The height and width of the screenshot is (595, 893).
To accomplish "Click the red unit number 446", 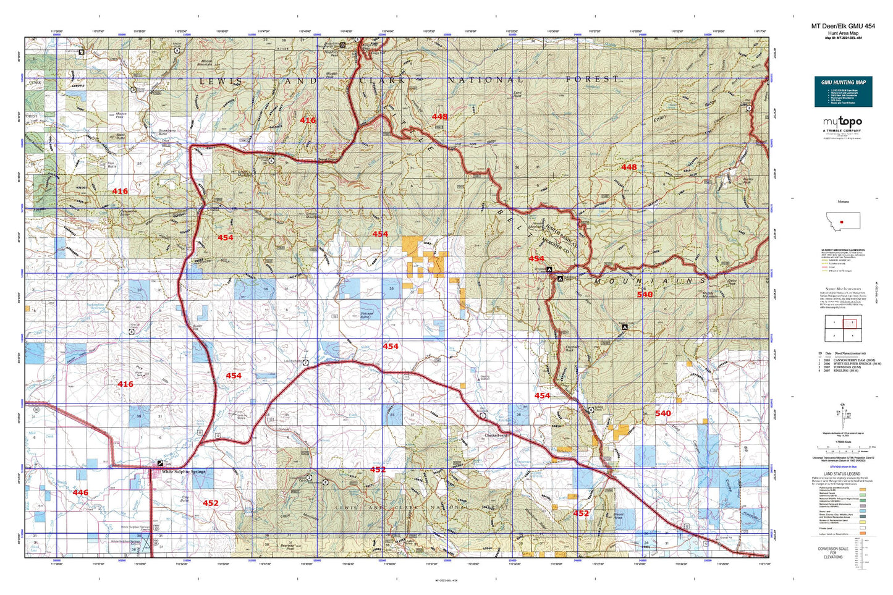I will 80,492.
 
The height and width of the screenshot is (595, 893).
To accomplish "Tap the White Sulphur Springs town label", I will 184,472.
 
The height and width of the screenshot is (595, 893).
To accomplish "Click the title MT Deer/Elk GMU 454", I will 843,26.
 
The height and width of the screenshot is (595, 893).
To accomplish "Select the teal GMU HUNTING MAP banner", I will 843,82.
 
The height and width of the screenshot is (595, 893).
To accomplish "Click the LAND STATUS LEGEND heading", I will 842,474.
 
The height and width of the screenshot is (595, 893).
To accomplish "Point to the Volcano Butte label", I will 368,315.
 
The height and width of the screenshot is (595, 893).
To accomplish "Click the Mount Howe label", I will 618,516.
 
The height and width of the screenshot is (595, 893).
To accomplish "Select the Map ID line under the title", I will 843,38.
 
